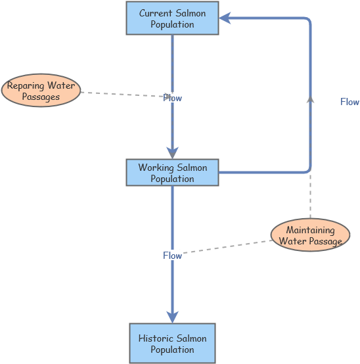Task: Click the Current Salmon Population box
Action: point(172,18)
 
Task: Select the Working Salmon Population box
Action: point(172,173)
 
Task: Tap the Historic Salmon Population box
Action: point(172,344)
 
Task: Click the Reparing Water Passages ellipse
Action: point(41,91)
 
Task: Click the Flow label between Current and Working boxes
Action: point(173,98)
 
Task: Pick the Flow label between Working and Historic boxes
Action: point(172,256)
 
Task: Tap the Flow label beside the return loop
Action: point(349,102)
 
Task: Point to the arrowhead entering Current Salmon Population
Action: point(225,18)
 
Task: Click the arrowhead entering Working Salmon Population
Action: point(172,153)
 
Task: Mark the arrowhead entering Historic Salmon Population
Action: point(172,317)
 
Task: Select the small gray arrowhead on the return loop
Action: point(310,99)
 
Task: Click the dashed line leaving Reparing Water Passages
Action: point(122,95)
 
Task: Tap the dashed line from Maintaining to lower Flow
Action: point(227,247)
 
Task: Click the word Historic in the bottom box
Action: point(157,338)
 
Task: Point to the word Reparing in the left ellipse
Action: point(26,86)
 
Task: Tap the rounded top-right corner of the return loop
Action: point(307,21)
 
